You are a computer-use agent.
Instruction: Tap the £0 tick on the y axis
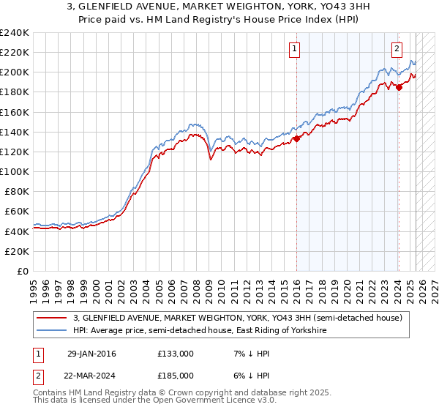point(23,271)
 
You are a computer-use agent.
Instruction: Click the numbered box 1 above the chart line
point(294,49)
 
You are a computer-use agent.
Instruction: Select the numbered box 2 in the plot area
point(397,49)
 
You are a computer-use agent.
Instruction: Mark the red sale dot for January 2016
point(296,138)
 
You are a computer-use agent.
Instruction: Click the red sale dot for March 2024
point(399,87)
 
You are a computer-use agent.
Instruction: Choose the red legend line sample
point(53,318)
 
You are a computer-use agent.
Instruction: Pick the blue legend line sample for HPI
point(53,331)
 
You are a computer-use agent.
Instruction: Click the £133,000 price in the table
point(175,354)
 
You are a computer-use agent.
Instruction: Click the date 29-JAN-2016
point(91,354)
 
